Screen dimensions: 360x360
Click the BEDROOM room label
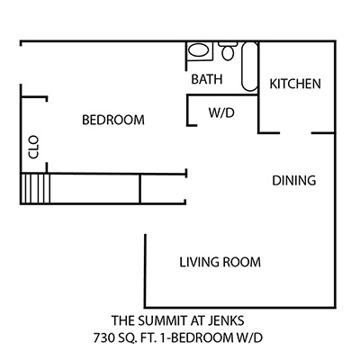(113, 120)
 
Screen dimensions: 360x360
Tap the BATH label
(207, 79)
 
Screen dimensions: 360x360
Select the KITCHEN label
(295, 84)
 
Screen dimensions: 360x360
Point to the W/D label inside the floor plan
(221, 112)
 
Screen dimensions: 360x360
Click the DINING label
(294, 181)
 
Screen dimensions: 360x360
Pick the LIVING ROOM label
(220, 262)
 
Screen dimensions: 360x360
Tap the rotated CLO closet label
(33, 147)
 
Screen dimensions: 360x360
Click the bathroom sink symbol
(199, 51)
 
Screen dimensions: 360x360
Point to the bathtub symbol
(249, 67)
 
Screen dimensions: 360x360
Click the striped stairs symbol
(35, 189)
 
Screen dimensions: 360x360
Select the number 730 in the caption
(103, 338)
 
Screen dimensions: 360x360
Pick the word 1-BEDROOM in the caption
(196, 338)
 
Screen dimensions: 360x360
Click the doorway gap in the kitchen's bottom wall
(295, 132)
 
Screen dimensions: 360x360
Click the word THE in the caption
(123, 320)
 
